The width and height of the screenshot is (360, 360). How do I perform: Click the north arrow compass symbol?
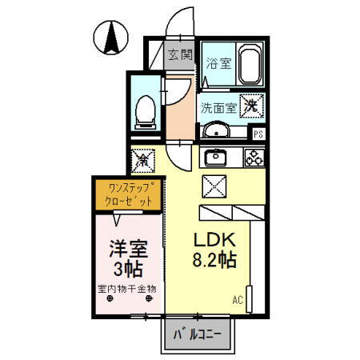111,38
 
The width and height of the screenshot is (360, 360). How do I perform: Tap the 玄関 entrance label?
180,55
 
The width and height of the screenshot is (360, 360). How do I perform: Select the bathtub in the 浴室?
250,64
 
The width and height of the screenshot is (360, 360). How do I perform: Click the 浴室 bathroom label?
218,63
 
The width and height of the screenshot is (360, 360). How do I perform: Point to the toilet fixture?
146,112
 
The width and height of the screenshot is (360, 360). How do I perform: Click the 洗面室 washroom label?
218,108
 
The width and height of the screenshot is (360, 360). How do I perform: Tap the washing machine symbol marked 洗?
251,106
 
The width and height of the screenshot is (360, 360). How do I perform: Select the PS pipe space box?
258,134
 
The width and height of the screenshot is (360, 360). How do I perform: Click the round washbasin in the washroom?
216,130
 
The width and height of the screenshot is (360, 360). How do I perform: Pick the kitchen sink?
215,158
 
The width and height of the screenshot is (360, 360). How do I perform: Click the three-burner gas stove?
254,158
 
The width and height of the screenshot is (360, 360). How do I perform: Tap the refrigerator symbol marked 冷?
143,161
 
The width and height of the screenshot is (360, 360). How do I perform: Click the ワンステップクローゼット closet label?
129,194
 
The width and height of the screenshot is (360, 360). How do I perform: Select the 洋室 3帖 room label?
129,258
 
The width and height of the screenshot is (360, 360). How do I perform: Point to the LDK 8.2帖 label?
214,250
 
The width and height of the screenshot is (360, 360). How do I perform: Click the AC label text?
238,300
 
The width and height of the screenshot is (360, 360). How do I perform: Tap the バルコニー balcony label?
198,334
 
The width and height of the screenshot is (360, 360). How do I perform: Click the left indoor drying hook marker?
110,298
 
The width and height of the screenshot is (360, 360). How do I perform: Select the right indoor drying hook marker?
149,298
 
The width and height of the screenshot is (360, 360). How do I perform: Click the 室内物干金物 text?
127,289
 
